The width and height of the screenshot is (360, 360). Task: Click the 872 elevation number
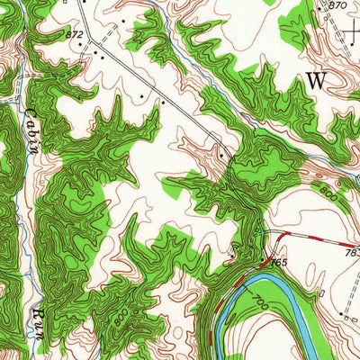point(75,34)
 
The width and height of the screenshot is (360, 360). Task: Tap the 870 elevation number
point(337,5)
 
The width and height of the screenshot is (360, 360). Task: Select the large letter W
point(316,80)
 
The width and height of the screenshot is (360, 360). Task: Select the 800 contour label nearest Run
point(118,318)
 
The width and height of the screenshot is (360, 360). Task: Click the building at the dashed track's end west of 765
point(233,256)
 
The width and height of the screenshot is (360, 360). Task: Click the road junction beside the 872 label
point(88,40)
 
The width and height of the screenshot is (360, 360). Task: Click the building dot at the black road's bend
point(220,156)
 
